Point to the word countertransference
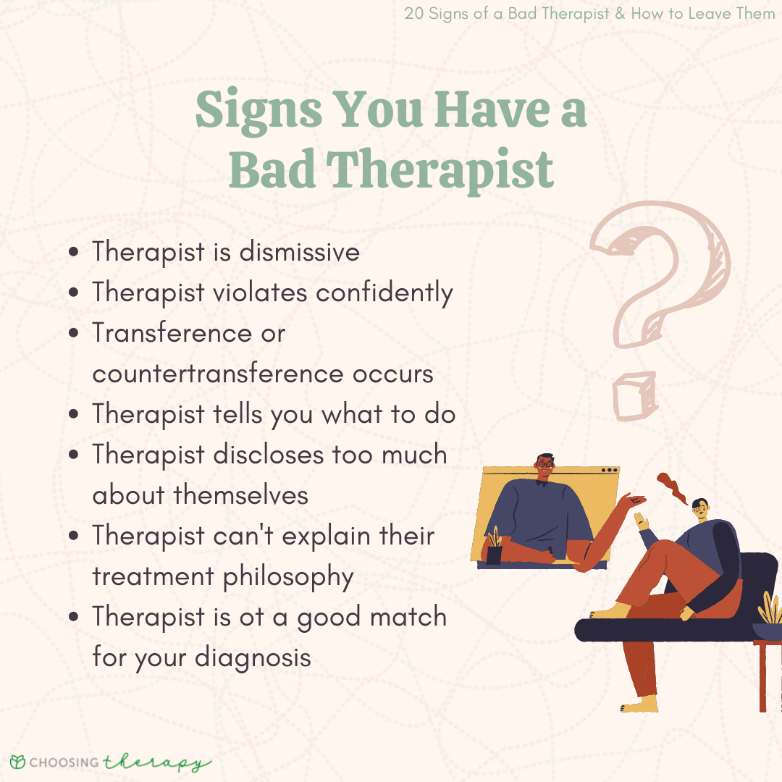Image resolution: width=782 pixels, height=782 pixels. tap(218, 374)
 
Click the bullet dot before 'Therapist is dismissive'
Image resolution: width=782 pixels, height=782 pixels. tap(75, 253)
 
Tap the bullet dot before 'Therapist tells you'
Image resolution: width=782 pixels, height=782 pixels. tap(75, 415)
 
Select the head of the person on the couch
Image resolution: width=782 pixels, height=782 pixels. tap(699, 509)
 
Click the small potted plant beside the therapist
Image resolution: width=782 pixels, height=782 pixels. tap(495, 547)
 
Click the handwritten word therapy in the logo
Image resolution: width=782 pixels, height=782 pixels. tap(156, 763)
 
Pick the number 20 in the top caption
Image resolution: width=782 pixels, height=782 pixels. tap(413, 14)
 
